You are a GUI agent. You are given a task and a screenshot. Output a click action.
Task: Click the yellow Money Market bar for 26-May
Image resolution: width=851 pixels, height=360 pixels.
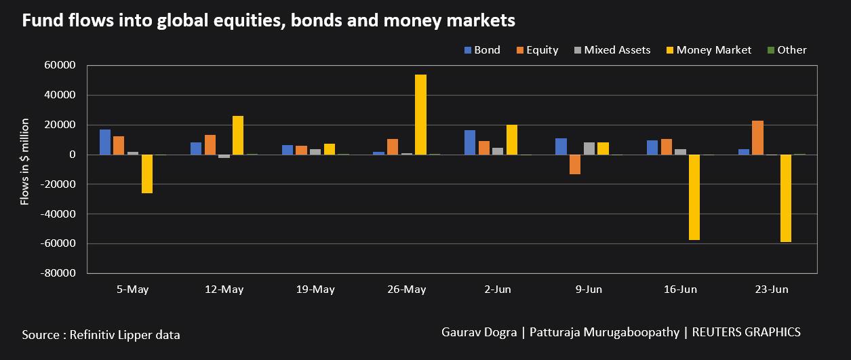tap(420, 115)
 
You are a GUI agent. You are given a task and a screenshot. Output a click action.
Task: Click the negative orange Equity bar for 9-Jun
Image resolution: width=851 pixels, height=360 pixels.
tap(575, 165)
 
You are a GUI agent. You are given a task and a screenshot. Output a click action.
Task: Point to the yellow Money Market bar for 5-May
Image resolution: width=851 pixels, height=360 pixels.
tap(147, 174)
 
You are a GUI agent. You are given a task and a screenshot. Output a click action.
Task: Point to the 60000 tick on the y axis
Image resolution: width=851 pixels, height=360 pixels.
tap(60, 65)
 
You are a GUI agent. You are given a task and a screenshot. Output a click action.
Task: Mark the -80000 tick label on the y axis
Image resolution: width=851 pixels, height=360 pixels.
tap(58, 273)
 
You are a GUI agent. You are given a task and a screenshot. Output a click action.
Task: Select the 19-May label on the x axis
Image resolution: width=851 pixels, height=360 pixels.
tap(315, 289)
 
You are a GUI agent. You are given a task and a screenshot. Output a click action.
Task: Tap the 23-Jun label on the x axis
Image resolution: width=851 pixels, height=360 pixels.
tap(772, 289)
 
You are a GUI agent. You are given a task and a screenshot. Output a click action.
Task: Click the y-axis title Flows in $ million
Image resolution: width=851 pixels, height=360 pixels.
tap(24, 161)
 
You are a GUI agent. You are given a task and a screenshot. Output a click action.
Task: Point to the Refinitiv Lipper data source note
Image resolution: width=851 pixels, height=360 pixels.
tap(101, 334)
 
